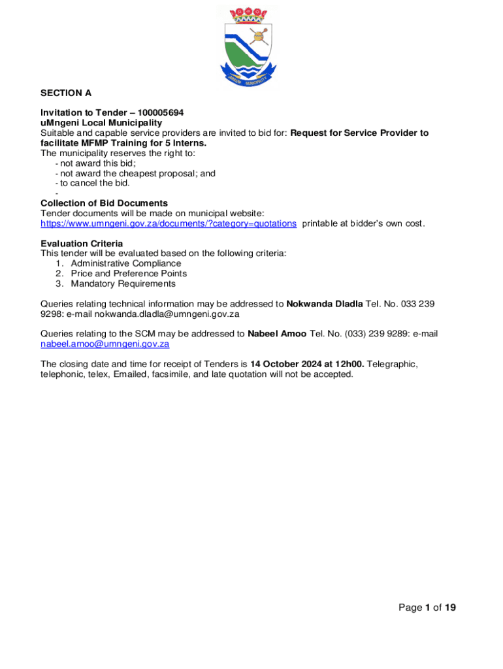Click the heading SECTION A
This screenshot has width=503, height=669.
click(66, 93)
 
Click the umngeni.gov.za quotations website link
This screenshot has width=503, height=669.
click(169, 223)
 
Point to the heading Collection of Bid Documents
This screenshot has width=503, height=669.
click(104, 203)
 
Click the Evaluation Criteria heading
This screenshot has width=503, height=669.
click(82, 244)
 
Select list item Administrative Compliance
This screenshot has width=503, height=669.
click(126, 263)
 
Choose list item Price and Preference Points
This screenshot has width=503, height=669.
click(129, 274)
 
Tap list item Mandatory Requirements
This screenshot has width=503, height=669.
click(123, 284)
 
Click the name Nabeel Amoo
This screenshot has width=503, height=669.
click(277, 334)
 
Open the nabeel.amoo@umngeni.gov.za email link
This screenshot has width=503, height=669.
click(105, 344)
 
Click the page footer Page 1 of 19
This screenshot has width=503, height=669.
click(427, 608)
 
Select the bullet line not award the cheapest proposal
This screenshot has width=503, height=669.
click(138, 173)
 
